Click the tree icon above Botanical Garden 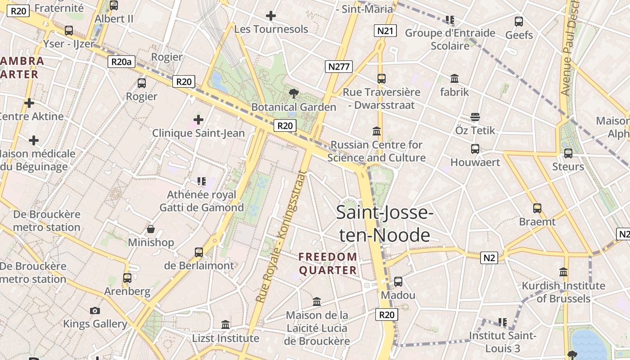[x=293, y=94]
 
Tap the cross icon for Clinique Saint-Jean [x=198, y=120]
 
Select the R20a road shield [x=121, y=62]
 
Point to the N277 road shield [x=339, y=67]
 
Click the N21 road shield [x=385, y=31]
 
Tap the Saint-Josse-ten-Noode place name [x=384, y=224]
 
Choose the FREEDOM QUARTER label [x=328, y=263]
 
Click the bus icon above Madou [x=398, y=282]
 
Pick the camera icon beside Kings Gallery [x=94, y=310]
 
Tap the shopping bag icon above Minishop [x=150, y=229]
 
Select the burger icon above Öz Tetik [x=475, y=117]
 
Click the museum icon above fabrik [x=454, y=79]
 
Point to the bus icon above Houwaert [x=475, y=148]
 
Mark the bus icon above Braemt [x=537, y=208]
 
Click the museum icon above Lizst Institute [x=225, y=324]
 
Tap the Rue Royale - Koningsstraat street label [x=281, y=237]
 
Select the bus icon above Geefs [x=518, y=21]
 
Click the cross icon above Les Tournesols [x=270, y=16]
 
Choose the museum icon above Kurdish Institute [x=563, y=272]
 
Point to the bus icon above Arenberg [x=127, y=278]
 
